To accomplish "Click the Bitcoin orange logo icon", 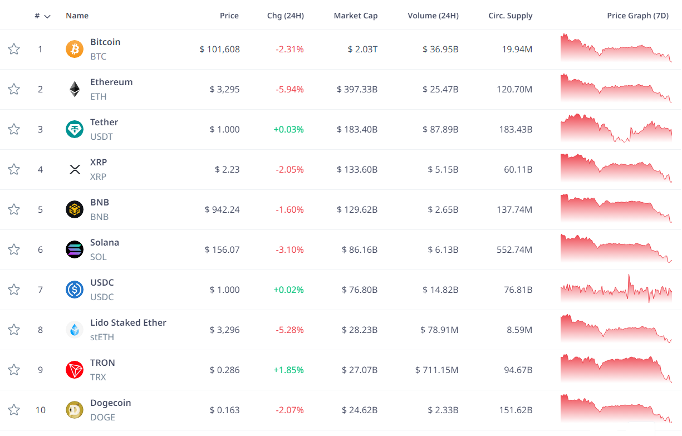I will coord(75,49).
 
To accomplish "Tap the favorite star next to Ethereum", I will coord(14,89).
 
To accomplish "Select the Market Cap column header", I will coord(355,16).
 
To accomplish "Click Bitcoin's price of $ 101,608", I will coord(220,49).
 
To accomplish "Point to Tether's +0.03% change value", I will coord(288,129).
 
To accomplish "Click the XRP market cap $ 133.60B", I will coord(357,169).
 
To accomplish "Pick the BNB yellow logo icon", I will coord(75,209).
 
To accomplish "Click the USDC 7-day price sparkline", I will coord(616,290).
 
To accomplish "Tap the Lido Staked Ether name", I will coord(128,322).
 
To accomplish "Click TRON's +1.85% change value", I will coord(288,370).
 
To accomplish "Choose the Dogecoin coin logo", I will coord(75,410).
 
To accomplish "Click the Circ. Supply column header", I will coord(510,16).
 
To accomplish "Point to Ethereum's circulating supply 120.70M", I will coord(514,89).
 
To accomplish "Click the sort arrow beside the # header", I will coord(47,16).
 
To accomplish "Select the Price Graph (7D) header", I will coord(637,16).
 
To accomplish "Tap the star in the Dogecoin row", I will coord(14,410).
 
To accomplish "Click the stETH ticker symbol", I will coord(102,337).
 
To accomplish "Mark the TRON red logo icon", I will coord(75,370).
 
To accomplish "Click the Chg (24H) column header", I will coord(285,16).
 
